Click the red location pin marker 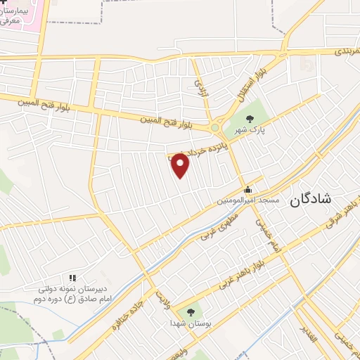click(x=181, y=165)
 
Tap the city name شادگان click(x=330, y=200)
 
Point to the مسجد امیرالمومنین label click(x=248, y=200)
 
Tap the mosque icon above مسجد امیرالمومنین click(x=247, y=189)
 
